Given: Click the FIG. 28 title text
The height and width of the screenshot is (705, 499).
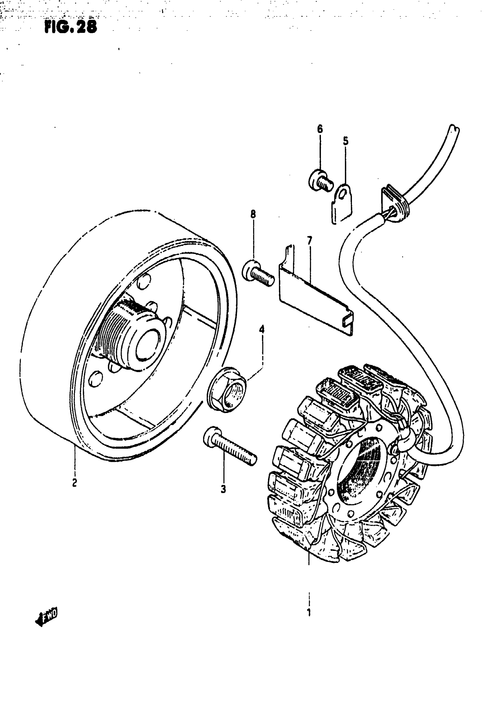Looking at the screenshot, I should click(71, 27).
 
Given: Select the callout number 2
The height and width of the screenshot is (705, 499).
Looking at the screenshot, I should click(74, 483).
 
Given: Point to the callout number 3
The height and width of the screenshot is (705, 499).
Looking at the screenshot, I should click(223, 489).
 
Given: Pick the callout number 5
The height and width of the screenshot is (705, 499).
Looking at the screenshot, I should click(346, 141).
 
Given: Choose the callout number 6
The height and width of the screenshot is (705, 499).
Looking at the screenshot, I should click(320, 129).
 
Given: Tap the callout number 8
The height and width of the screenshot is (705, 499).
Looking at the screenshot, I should click(253, 214).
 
